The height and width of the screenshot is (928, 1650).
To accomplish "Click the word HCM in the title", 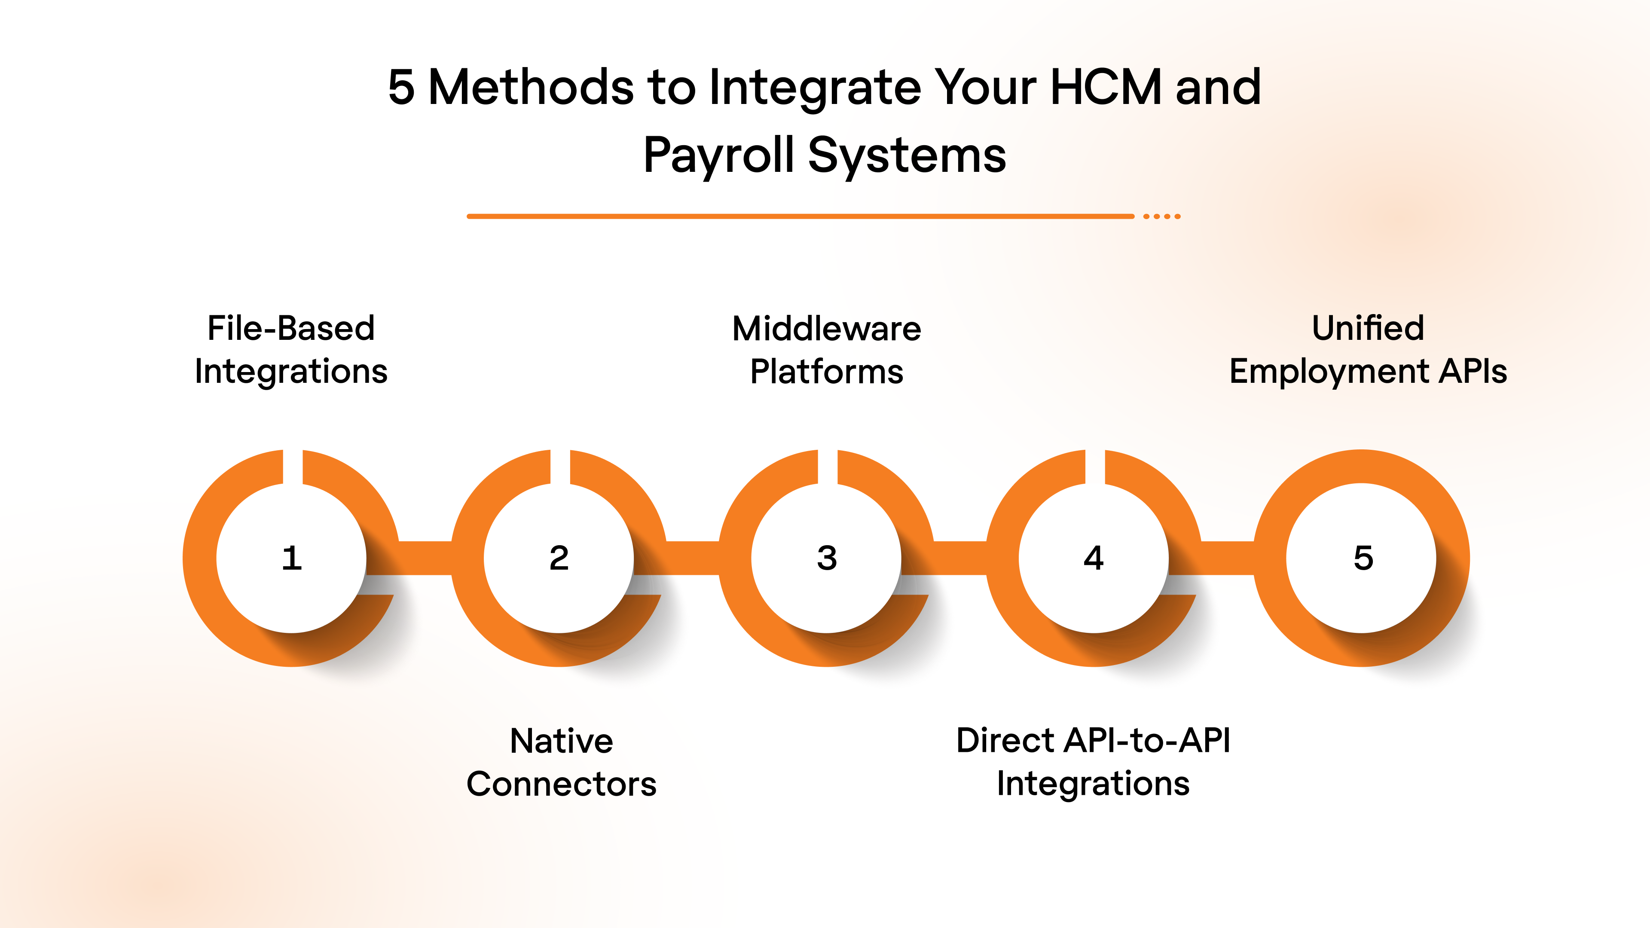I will click(x=1106, y=87).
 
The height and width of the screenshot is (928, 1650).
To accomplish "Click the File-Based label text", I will click(x=291, y=329).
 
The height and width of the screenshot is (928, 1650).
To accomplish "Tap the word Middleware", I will click(x=826, y=329).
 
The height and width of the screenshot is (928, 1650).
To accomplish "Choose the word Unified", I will click(x=1368, y=329).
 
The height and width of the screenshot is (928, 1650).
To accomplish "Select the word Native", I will click(x=561, y=741).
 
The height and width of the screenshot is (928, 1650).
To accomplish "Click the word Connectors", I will click(x=561, y=784).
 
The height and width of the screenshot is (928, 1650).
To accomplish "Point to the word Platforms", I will click(x=826, y=372).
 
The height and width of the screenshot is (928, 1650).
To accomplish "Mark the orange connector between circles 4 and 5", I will click(x=1227, y=558).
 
